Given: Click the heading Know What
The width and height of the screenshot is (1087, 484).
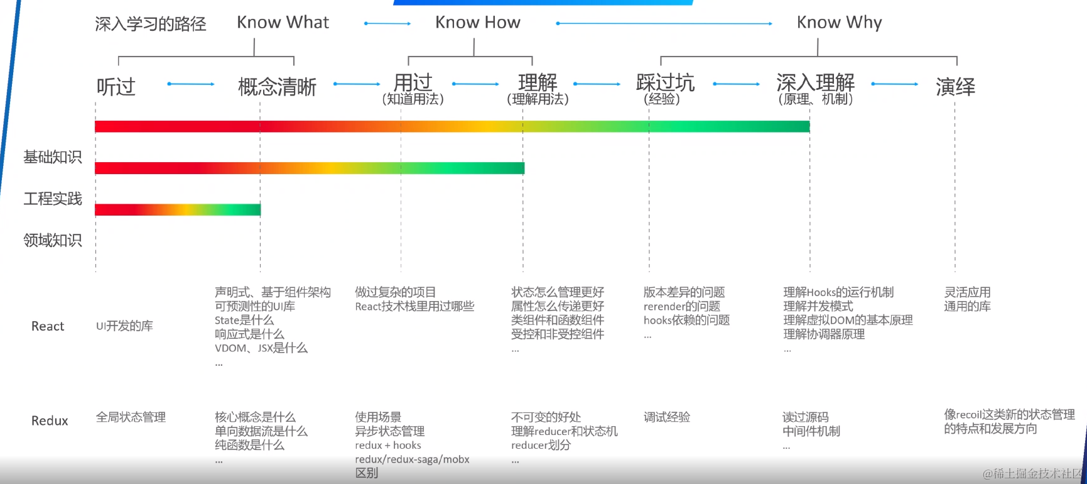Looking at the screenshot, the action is (x=283, y=23).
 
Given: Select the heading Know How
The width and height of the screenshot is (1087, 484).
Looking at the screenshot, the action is (x=477, y=23).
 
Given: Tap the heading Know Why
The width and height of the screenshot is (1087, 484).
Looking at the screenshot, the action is (x=839, y=23).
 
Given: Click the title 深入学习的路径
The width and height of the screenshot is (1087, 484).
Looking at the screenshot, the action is (x=151, y=25).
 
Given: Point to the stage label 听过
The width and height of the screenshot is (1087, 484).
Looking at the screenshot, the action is (x=116, y=87).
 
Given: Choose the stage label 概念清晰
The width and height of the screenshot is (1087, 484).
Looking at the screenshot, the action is (x=277, y=87).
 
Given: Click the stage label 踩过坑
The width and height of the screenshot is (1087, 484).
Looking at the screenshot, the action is (x=665, y=83).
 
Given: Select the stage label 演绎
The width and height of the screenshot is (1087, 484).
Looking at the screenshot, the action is (x=955, y=87).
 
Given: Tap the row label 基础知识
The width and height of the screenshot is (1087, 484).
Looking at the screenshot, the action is (x=53, y=157).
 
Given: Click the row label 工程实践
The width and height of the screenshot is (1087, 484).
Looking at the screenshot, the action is (x=53, y=199).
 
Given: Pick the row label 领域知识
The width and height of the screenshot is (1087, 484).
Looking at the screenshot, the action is (x=53, y=240).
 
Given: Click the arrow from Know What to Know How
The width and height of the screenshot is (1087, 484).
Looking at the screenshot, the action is (x=387, y=24).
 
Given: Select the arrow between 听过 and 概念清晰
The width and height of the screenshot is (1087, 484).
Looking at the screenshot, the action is (x=191, y=84).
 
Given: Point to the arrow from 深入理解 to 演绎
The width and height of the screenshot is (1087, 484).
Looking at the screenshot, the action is (x=895, y=84).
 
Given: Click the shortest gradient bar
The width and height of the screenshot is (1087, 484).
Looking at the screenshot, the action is (x=178, y=210).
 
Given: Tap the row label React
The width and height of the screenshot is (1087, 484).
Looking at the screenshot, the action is (x=48, y=326).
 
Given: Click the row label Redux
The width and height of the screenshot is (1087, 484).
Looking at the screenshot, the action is (x=50, y=421).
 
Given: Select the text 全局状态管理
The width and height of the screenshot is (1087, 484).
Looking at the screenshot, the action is (x=131, y=417).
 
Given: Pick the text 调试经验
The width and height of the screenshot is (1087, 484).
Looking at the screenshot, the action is (x=667, y=417).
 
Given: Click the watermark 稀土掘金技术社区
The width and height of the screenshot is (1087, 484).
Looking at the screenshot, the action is (x=1033, y=473).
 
